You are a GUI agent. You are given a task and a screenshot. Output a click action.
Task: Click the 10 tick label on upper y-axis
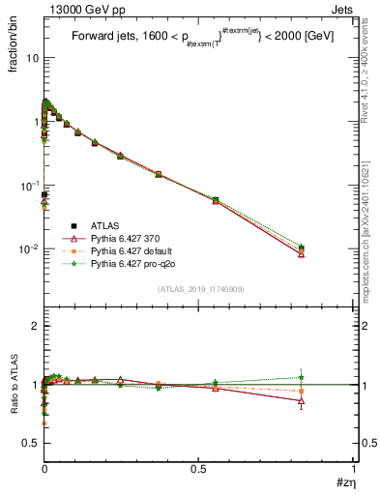click(x=32, y=58)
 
